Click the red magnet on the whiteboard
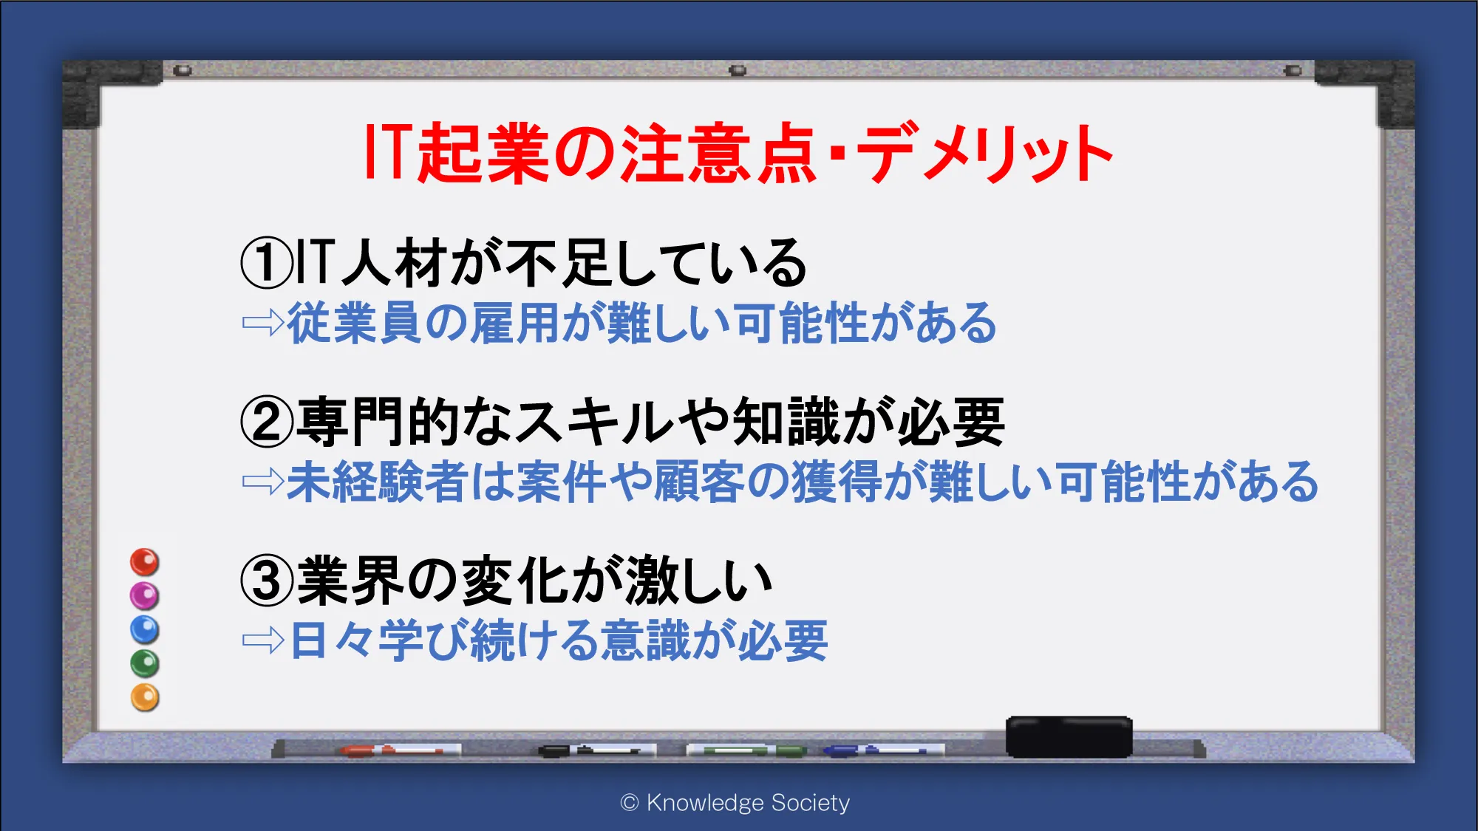pos(145,562)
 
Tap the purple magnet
pos(145,596)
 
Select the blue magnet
pos(145,630)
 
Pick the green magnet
pos(145,664)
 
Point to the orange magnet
pos(145,698)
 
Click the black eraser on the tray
pos(1069,736)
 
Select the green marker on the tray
pos(746,750)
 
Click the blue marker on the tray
pos(884,750)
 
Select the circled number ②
pos(267,422)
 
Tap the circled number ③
pos(267,581)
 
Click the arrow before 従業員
pos(263,323)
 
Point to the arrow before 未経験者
pos(263,482)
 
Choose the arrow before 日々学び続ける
pos(263,640)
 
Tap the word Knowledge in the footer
pos(705,803)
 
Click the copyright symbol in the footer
pos(630,803)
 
